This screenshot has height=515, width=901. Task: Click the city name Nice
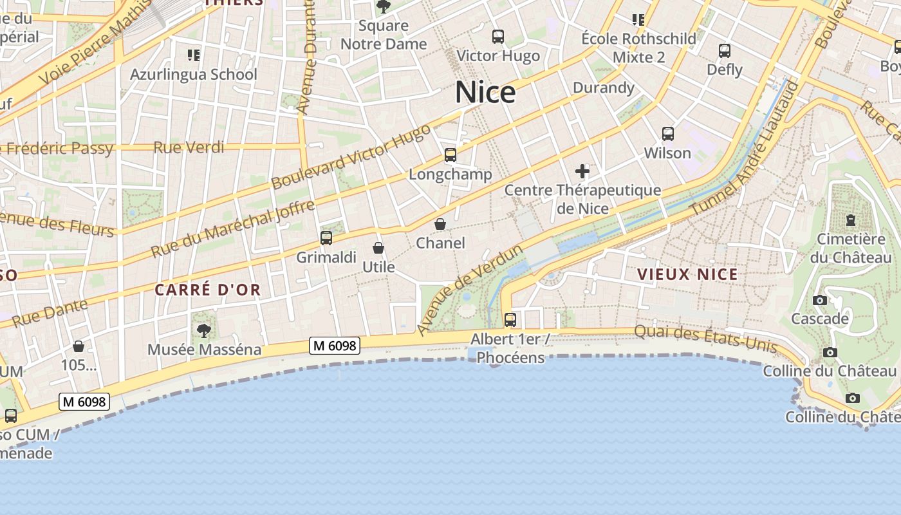pos(485,92)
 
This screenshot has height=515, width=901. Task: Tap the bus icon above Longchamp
pos(450,155)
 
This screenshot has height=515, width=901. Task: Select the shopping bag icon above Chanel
pos(440,224)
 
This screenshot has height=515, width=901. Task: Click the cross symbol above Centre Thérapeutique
pos(582,171)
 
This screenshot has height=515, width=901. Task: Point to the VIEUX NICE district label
pos(687,274)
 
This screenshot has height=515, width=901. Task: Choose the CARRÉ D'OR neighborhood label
pos(208,290)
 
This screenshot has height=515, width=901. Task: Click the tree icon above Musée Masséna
pos(204,331)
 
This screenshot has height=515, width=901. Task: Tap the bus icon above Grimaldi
pos(326,238)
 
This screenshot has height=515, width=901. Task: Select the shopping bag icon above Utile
pos(378,248)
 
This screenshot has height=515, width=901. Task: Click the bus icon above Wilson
pos(668,134)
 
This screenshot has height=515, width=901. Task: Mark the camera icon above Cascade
pos(820,300)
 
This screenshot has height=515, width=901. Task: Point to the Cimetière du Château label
pos(851,248)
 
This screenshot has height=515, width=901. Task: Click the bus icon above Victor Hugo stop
pos(498,37)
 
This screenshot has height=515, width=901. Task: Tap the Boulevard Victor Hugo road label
pos(351,157)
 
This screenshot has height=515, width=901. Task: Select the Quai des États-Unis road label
pos(705,339)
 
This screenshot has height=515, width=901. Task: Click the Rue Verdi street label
pos(189,147)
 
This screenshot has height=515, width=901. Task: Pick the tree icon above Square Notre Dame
pos(384,7)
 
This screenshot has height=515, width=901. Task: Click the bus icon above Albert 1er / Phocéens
pos(510,319)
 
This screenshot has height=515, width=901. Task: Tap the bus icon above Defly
pos(725,50)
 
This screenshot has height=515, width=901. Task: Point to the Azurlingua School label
pos(193,74)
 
